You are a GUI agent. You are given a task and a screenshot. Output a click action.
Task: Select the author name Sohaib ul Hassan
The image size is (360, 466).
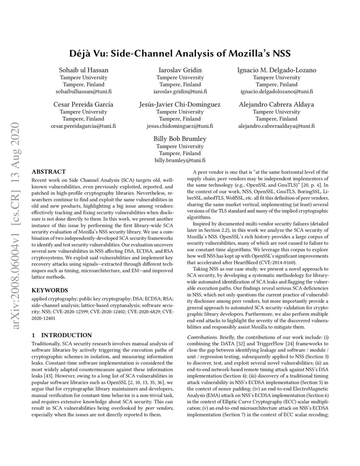[x=83, y=70]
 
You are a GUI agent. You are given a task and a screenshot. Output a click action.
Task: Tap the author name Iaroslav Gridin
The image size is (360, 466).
[x=180, y=70]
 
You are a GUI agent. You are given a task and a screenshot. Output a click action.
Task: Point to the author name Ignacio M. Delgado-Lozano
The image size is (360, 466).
[x=276, y=70]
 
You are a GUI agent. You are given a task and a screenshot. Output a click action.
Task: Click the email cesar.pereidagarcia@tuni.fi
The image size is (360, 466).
[x=83, y=126]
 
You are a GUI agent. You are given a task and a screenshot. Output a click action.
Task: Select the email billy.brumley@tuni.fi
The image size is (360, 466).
[x=180, y=160]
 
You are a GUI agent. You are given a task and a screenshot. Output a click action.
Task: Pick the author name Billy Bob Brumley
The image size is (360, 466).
[x=180, y=139]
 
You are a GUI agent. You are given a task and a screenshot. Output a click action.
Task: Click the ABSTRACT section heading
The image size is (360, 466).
[x=49, y=172]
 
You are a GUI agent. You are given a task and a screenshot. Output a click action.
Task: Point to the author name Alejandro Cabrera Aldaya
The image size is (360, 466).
[x=276, y=104]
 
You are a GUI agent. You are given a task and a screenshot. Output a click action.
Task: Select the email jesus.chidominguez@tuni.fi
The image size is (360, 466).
[x=180, y=126]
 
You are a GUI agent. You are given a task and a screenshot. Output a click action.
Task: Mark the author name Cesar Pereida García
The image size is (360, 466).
[x=83, y=104]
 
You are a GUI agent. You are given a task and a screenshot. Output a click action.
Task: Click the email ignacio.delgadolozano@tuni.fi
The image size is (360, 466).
[x=276, y=92]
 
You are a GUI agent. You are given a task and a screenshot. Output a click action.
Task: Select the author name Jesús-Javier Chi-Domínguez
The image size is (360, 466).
[x=180, y=104]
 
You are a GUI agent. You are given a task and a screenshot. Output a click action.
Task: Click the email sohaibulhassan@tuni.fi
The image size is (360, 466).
[x=83, y=92]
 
